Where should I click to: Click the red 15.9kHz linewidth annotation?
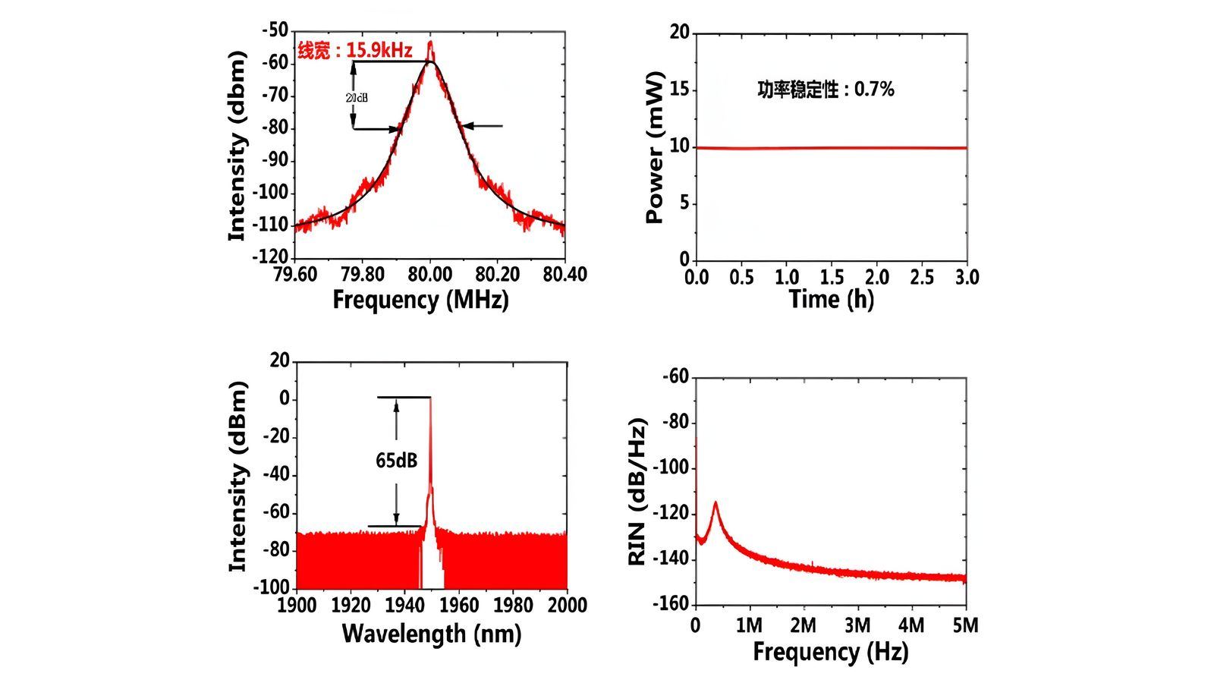[355, 51]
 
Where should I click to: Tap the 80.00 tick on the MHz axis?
[430, 274]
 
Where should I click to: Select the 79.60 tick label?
[296, 274]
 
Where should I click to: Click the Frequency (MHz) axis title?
[420, 299]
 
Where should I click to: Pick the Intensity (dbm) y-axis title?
[237, 146]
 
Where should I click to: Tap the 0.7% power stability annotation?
[826, 90]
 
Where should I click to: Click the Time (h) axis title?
[832, 299]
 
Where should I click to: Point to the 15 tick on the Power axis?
[679, 90]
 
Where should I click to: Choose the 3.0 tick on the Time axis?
[967, 277]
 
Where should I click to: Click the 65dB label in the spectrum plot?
[396, 461]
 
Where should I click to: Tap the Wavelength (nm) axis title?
[431, 633]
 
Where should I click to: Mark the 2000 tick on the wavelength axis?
[568, 606]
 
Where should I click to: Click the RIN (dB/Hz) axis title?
[637, 491]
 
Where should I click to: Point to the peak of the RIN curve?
[715, 502]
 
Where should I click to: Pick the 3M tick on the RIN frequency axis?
[857, 625]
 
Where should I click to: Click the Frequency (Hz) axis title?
[830, 651]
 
